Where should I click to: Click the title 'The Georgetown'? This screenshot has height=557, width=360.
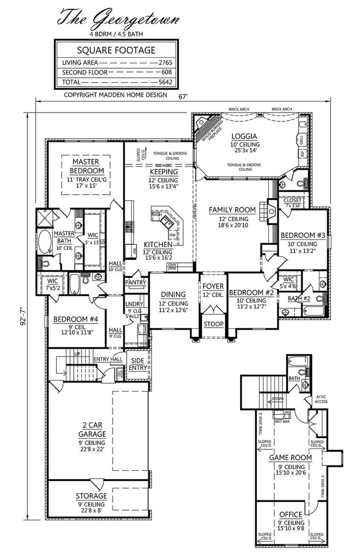(118, 19)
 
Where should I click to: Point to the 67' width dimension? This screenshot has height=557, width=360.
(183, 97)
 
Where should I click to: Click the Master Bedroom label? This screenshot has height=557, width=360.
(86, 166)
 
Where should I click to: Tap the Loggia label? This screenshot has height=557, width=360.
(245, 136)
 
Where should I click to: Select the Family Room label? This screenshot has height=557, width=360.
(232, 209)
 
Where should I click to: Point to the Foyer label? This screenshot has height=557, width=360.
(213, 286)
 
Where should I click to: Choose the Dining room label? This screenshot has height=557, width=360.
(173, 294)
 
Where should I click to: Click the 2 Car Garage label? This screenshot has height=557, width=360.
(91, 430)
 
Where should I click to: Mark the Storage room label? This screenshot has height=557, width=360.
(91, 496)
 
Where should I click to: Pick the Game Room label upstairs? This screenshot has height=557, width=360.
(290, 457)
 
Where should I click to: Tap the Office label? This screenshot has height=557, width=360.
(290, 514)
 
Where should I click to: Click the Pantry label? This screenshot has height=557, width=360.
(136, 282)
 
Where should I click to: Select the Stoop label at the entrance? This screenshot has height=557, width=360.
(213, 324)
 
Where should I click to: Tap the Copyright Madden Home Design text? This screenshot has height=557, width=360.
(115, 95)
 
